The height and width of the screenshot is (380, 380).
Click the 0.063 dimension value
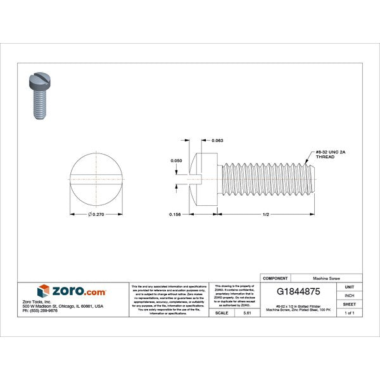point(217,140)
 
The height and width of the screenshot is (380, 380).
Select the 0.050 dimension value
point(177,161)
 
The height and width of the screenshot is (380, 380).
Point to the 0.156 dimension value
point(176,215)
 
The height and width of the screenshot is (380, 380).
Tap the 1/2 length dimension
point(266,215)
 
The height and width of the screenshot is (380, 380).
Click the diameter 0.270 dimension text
point(96,215)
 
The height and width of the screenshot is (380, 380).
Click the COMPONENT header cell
point(275,278)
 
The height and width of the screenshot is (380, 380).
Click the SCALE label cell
point(222,313)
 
